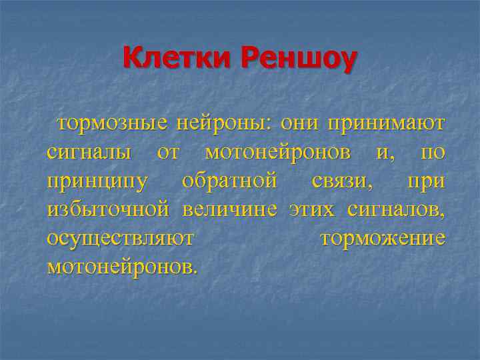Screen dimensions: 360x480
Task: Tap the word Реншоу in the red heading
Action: pyautogui.click(x=299, y=61)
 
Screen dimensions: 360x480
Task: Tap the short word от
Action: pyautogui.click(x=168, y=153)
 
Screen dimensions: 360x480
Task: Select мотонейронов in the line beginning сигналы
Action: pyautogui.click(x=278, y=153)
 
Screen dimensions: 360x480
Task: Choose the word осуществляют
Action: pyautogui.click(x=121, y=239)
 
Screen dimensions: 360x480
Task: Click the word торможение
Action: pyautogui.click(x=383, y=239)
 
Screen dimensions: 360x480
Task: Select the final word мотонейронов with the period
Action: pyautogui.click(x=122, y=267)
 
